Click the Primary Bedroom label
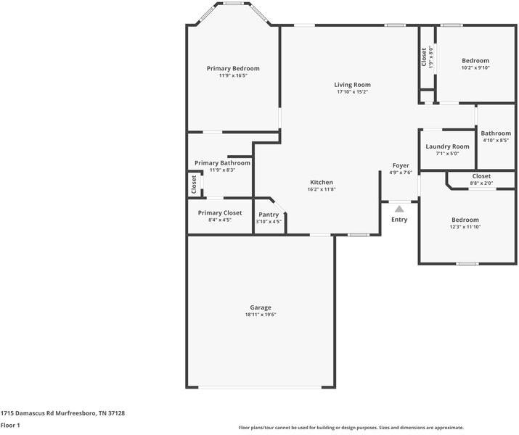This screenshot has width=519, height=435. click(x=233, y=68)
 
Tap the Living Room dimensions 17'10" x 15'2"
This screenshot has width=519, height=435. click(x=352, y=92)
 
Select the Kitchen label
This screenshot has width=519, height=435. click(x=322, y=182)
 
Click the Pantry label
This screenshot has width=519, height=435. click(x=269, y=215)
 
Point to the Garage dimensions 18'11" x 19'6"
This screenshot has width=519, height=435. click(x=261, y=315)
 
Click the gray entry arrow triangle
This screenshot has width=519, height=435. click(x=399, y=209)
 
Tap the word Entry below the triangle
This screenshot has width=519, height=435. click(x=399, y=220)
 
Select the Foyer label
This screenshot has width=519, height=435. click(x=401, y=165)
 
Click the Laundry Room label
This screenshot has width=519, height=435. click(x=447, y=146)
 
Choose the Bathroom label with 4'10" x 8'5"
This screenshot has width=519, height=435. click(x=496, y=133)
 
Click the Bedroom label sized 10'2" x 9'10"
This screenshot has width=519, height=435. click(x=475, y=61)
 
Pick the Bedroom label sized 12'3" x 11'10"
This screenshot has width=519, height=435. click(x=465, y=220)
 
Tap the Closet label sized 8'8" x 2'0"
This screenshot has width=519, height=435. click(x=481, y=176)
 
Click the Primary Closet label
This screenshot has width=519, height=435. click(x=220, y=213)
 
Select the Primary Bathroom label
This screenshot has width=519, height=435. click(x=222, y=163)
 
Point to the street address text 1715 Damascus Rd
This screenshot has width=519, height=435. click(x=62, y=413)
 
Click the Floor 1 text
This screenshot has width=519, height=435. click(x=10, y=426)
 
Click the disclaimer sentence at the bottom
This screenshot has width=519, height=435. click(x=351, y=428)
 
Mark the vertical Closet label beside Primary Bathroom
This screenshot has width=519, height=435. click(x=194, y=184)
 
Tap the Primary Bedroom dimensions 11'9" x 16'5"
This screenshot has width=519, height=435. click(x=233, y=75)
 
